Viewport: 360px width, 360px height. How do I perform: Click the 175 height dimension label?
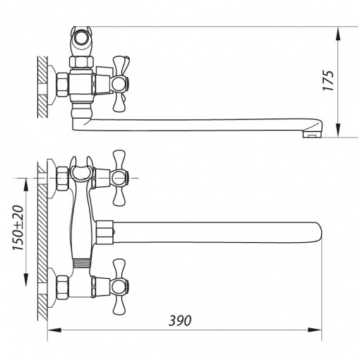(328, 80)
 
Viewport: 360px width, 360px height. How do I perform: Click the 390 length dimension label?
(180, 320)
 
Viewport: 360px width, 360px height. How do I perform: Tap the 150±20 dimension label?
(18, 228)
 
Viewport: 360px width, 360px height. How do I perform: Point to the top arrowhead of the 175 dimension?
(338, 33)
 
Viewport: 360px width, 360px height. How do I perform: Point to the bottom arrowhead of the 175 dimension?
(338, 130)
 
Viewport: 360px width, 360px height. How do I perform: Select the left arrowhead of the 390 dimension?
(54, 330)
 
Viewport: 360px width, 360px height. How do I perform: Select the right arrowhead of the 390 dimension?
(315, 330)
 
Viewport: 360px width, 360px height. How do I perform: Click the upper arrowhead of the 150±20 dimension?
(25, 185)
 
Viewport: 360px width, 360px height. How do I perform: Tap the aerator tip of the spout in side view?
(312, 134)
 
